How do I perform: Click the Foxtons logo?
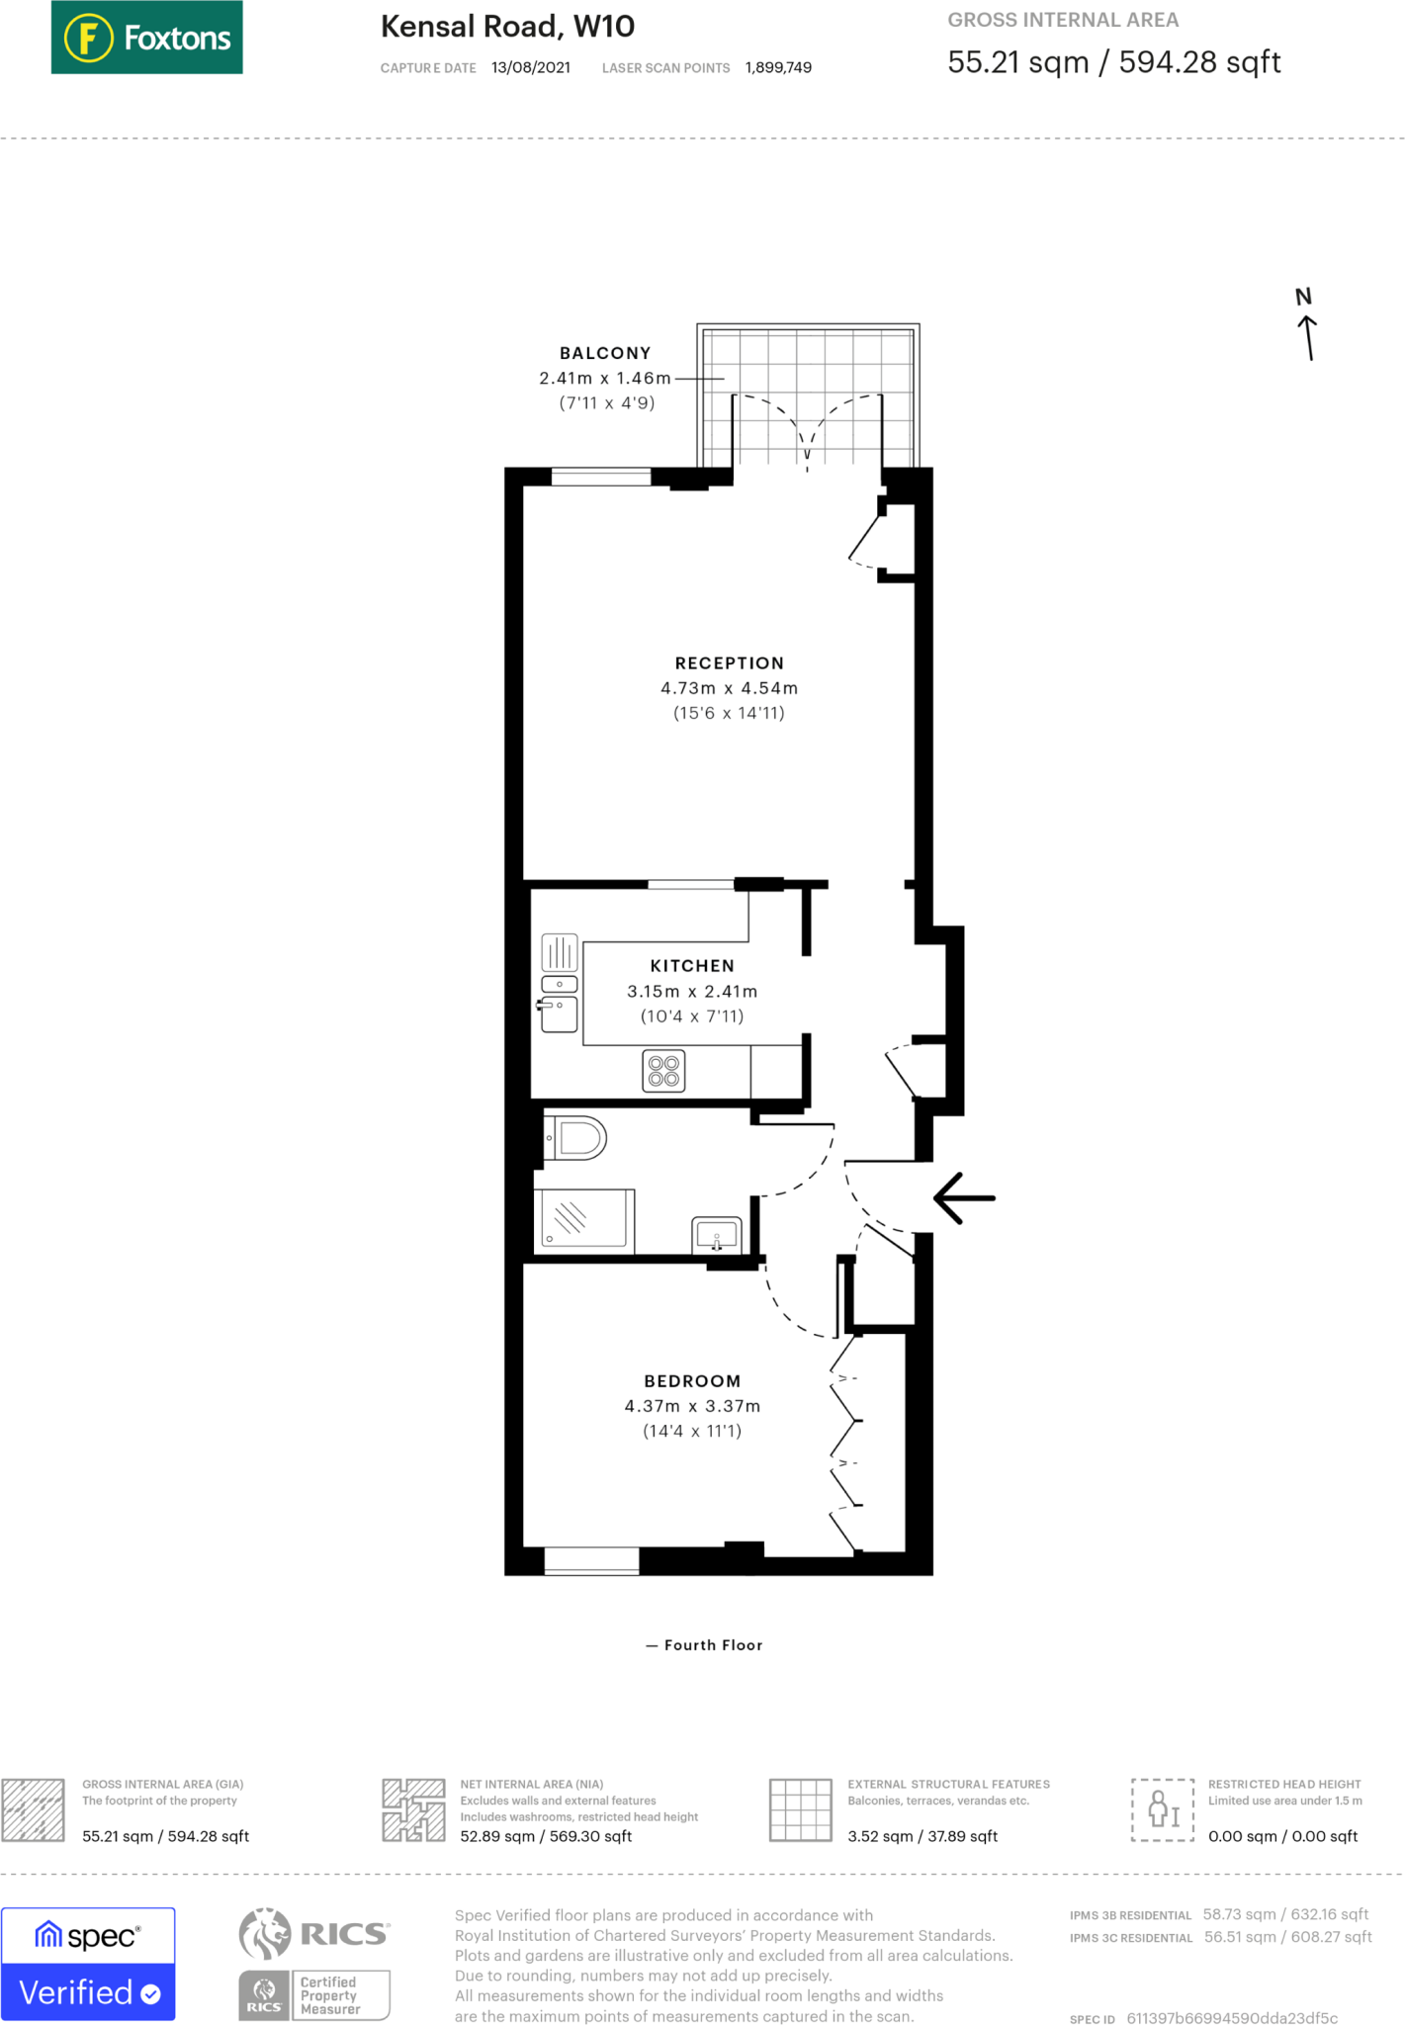coord(146,38)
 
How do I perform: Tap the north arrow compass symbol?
coord(1307,326)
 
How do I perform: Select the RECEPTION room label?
coord(729,663)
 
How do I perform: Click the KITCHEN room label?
coord(692,966)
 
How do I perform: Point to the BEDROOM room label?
coord(692,1381)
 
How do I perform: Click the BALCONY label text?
coord(605,353)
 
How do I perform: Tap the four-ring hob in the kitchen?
coord(663,1071)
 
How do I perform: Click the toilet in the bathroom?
coord(577,1138)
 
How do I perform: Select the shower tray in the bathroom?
coord(584,1218)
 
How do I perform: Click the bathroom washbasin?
coord(717,1234)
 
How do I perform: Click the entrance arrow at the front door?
coord(964,1198)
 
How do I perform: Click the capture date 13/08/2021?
coord(530,68)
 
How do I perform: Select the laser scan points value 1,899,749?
coord(778,68)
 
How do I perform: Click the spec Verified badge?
coord(88,1964)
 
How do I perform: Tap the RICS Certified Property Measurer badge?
coord(314,1994)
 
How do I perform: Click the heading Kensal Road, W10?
coord(507,27)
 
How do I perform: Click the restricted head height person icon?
coord(1163,1809)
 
